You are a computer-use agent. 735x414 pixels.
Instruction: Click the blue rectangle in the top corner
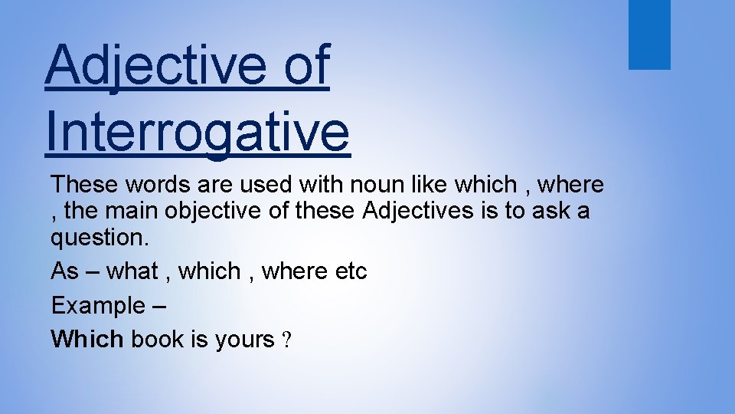649,34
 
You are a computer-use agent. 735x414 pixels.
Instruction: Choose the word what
132,271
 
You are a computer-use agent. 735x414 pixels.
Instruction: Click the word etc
351,271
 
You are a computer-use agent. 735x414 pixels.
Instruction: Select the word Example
97,305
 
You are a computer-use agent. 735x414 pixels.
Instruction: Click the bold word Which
87,339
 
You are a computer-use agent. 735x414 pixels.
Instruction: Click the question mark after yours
286,340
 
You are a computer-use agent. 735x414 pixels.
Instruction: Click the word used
258,185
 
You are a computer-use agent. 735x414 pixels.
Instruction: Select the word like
430,185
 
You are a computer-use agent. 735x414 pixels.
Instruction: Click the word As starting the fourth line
64,271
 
